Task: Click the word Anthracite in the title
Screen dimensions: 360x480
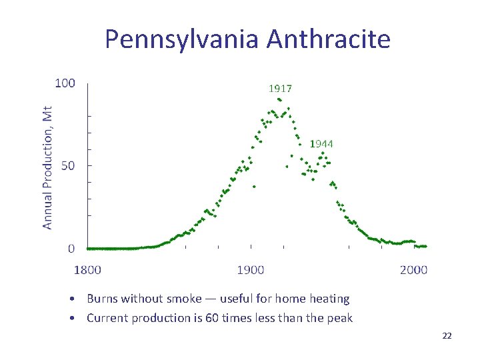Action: pos(329,40)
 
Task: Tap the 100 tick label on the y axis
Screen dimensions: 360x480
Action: pos(65,83)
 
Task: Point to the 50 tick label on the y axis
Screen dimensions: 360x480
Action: pos(68,165)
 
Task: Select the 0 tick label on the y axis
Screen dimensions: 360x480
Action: pos(71,249)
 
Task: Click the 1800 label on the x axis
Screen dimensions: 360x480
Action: pos(87,270)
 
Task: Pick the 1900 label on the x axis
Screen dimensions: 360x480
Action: pos(251,270)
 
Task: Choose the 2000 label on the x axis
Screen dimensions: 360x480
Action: pos(414,270)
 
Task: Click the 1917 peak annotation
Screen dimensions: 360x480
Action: pos(280,88)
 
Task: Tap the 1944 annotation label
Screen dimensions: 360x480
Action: pos(321,143)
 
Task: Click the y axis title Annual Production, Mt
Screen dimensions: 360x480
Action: pos(48,167)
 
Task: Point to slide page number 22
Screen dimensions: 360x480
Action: pos(447,336)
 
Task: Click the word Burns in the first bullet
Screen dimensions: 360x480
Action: pos(103,299)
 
